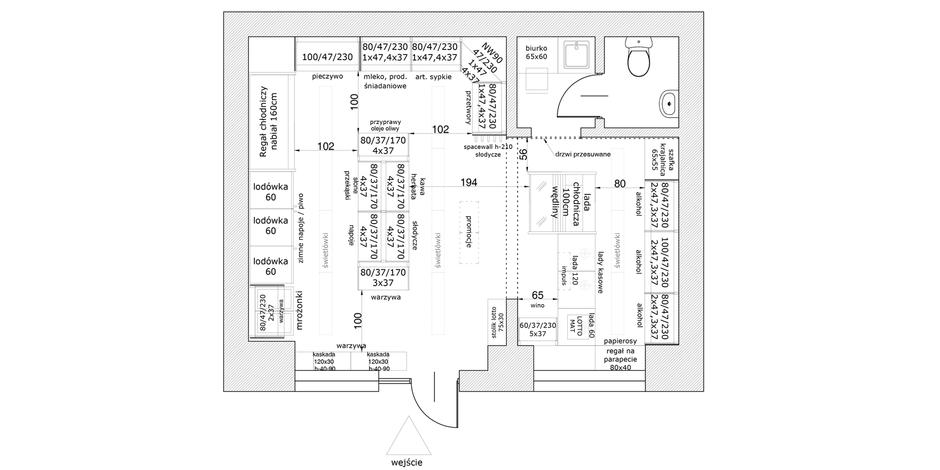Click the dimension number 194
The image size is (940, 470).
click(x=469, y=182)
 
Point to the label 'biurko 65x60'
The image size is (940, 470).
click(x=536, y=52)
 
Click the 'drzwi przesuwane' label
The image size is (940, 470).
click(x=582, y=154)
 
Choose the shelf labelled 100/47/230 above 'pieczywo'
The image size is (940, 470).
click(x=327, y=57)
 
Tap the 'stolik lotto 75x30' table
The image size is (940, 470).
click(x=497, y=322)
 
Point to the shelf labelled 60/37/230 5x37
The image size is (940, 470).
click(x=538, y=329)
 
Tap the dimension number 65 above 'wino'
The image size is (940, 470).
click(x=537, y=295)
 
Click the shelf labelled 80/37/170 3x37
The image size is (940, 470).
click(x=383, y=277)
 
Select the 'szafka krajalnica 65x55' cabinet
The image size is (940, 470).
click(x=661, y=159)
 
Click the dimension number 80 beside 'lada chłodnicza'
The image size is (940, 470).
click(x=620, y=184)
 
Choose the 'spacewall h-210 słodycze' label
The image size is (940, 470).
click(x=488, y=150)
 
